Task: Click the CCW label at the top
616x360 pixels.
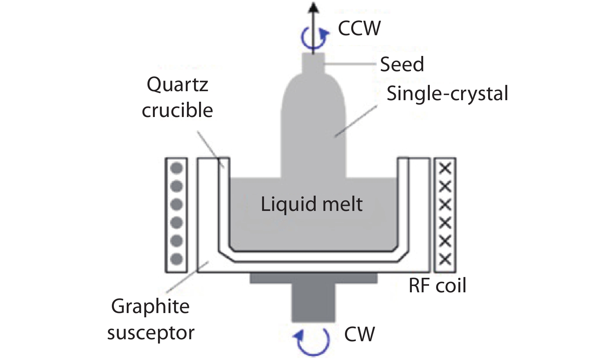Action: tap(359, 29)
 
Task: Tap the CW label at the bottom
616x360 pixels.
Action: tap(359, 335)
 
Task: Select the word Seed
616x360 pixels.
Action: tap(402, 65)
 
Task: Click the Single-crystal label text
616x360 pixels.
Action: tap(447, 94)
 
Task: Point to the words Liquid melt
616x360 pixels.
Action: tap(312, 204)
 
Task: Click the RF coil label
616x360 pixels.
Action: tap(437, 286)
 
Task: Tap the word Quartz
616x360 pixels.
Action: tap(177, 85)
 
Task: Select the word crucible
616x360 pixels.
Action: tap(177, 110)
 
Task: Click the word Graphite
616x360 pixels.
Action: tap(150, 306)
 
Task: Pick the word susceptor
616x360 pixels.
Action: tap(151, 333)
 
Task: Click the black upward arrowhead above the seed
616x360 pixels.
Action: tap(313, 8)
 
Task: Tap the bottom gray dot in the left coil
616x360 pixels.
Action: tap(176, 259)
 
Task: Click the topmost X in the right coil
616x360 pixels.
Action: tap(445, 169)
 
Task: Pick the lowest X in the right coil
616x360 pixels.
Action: tap(445, 259)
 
